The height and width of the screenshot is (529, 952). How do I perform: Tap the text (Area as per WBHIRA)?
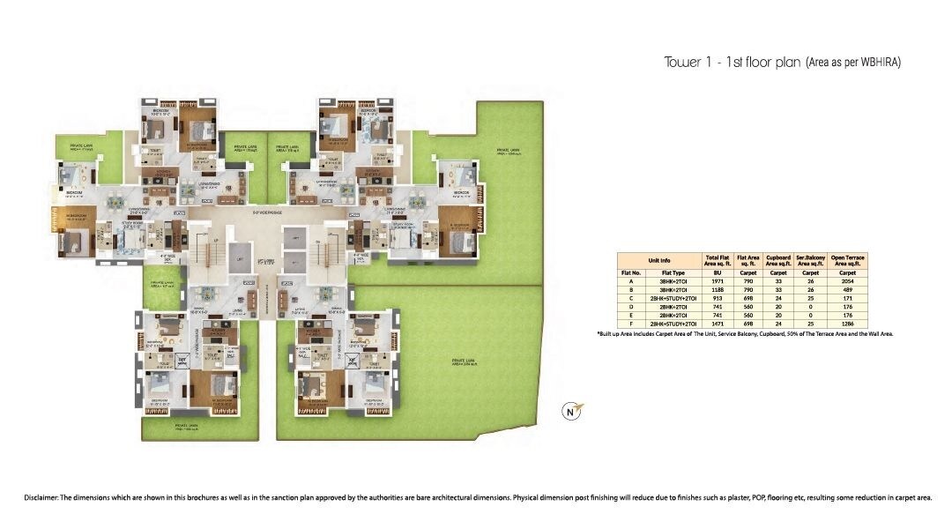click(853, 63)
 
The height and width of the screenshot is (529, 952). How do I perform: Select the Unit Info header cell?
click(658, 260)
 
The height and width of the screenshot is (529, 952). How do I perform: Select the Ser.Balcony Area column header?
click(810, 260)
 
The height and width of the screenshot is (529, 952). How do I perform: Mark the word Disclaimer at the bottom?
click(41, 498)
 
